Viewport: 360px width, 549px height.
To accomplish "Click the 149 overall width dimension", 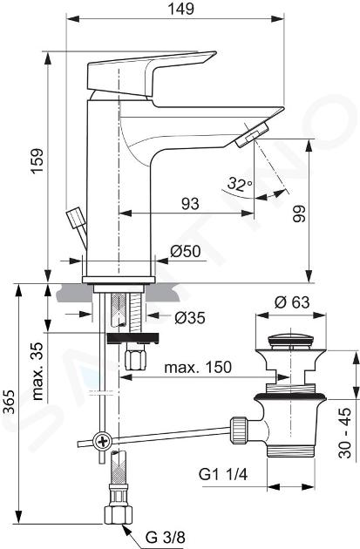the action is tap(181, 9).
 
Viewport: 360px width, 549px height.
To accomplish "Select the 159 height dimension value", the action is tap(37, 160).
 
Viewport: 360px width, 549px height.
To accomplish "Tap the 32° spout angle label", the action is tap(240, 184).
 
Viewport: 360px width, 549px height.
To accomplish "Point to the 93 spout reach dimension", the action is tap(190, 204).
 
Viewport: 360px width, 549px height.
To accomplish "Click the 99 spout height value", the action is tap(299, 213).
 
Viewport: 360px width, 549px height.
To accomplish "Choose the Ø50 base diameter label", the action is tap(186, 251).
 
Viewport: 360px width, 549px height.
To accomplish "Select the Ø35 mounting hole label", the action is tap(189, 317).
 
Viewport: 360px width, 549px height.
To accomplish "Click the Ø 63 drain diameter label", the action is tap(292, 302).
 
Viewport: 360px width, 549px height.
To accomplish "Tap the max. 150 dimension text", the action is tap(198, 367).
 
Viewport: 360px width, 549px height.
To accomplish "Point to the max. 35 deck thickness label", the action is tap(37, 371).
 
